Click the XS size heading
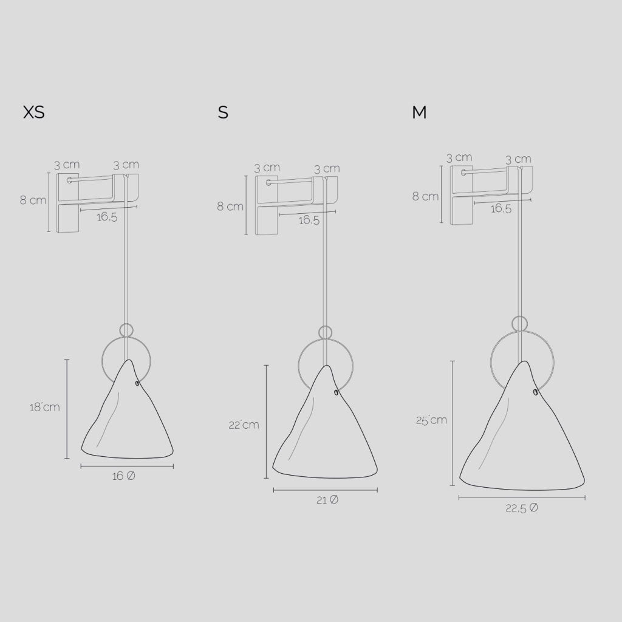34,112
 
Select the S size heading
223,112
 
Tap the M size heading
419,112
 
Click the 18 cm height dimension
45,407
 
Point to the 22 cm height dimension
244,425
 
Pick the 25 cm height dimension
432,420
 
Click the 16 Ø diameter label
124,476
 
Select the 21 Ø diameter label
327,501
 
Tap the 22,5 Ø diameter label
522,508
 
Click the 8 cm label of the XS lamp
33,200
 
